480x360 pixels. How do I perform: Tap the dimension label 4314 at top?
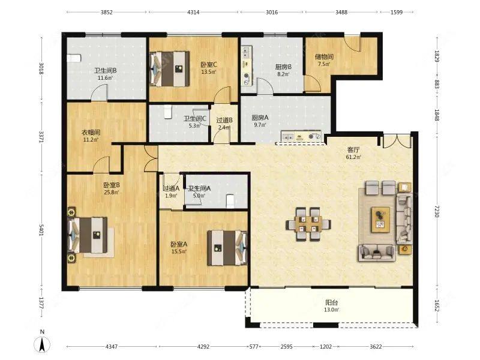tap(193, 12)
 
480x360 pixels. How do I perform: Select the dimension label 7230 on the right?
tap(437, 212)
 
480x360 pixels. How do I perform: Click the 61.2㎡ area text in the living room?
tap(353, 157)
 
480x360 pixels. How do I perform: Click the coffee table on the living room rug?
tap(381, 220)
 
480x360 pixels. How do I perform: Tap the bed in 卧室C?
tap(169, 68)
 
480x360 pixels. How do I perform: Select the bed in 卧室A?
tap(227, 248)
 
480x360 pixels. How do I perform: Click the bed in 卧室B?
tap(88, 235)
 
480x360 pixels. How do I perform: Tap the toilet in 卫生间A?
tap(230, 201)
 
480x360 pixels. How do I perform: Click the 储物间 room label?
tap(324, 56)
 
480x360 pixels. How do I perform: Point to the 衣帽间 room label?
tap(91, 133)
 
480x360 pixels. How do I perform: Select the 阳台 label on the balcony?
tap(332, 302)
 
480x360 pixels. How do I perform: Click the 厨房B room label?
tap(283, 67)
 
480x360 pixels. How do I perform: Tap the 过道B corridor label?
tap(224, 120)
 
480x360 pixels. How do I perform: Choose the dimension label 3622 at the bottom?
tap(376, 347)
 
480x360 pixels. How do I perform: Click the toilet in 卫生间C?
tap(167, 112)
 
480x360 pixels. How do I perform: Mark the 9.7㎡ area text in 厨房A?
tap(260, 125)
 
